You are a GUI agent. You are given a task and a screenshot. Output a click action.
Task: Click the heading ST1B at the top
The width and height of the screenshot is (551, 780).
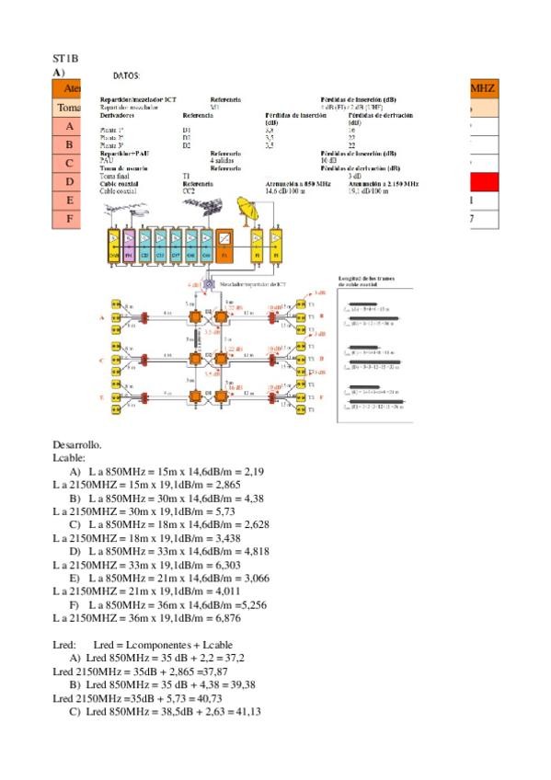tap(66, 58)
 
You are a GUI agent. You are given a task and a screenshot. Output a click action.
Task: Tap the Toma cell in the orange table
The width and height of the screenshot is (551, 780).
tap(67, 108)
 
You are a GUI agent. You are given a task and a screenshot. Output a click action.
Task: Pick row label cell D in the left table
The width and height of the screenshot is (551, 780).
tap(70, 181)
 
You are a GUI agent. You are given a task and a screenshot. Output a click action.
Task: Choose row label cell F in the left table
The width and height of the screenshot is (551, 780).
tap(70, 219)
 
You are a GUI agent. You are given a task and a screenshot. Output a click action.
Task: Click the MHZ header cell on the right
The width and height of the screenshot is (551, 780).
tap(482, 88)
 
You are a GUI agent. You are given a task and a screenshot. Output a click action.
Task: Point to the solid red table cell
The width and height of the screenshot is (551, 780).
tap(482, 181)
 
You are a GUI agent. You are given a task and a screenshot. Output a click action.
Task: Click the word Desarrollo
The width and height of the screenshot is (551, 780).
tap(77, 444)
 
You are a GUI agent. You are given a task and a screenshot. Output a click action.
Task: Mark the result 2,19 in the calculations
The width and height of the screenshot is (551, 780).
tap(254, 471)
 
